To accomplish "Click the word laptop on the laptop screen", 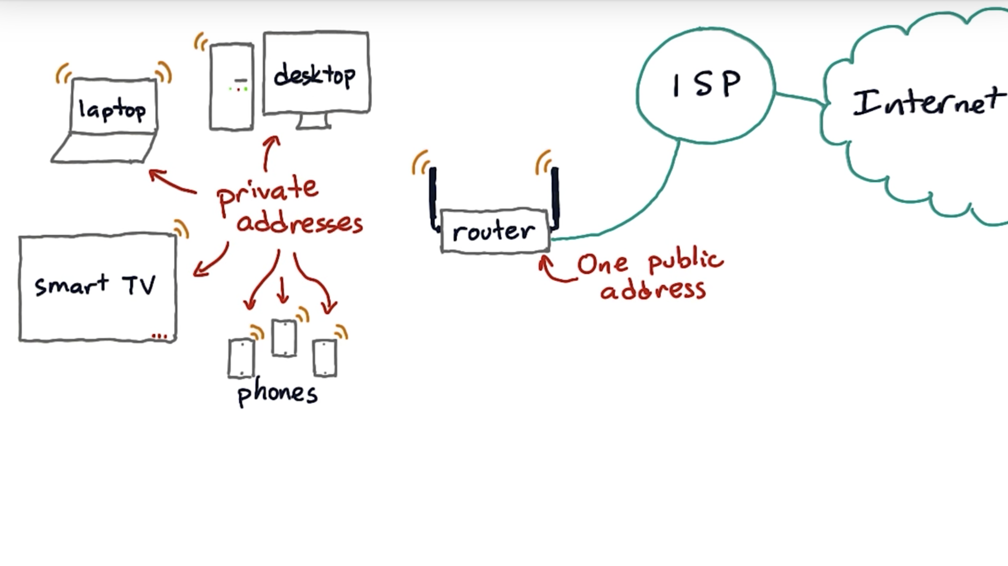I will [112, 110].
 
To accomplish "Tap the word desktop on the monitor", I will [314, 76].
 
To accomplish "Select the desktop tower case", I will [232, 87].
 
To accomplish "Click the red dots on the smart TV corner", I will [159, 336].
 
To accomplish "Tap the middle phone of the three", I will [284, 338].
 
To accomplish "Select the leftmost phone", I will [241, 358].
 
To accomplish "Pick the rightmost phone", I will [325, 358].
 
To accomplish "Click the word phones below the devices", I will [278, 394].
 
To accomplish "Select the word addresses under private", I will [299, 223].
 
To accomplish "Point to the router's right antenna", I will [555, 196].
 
